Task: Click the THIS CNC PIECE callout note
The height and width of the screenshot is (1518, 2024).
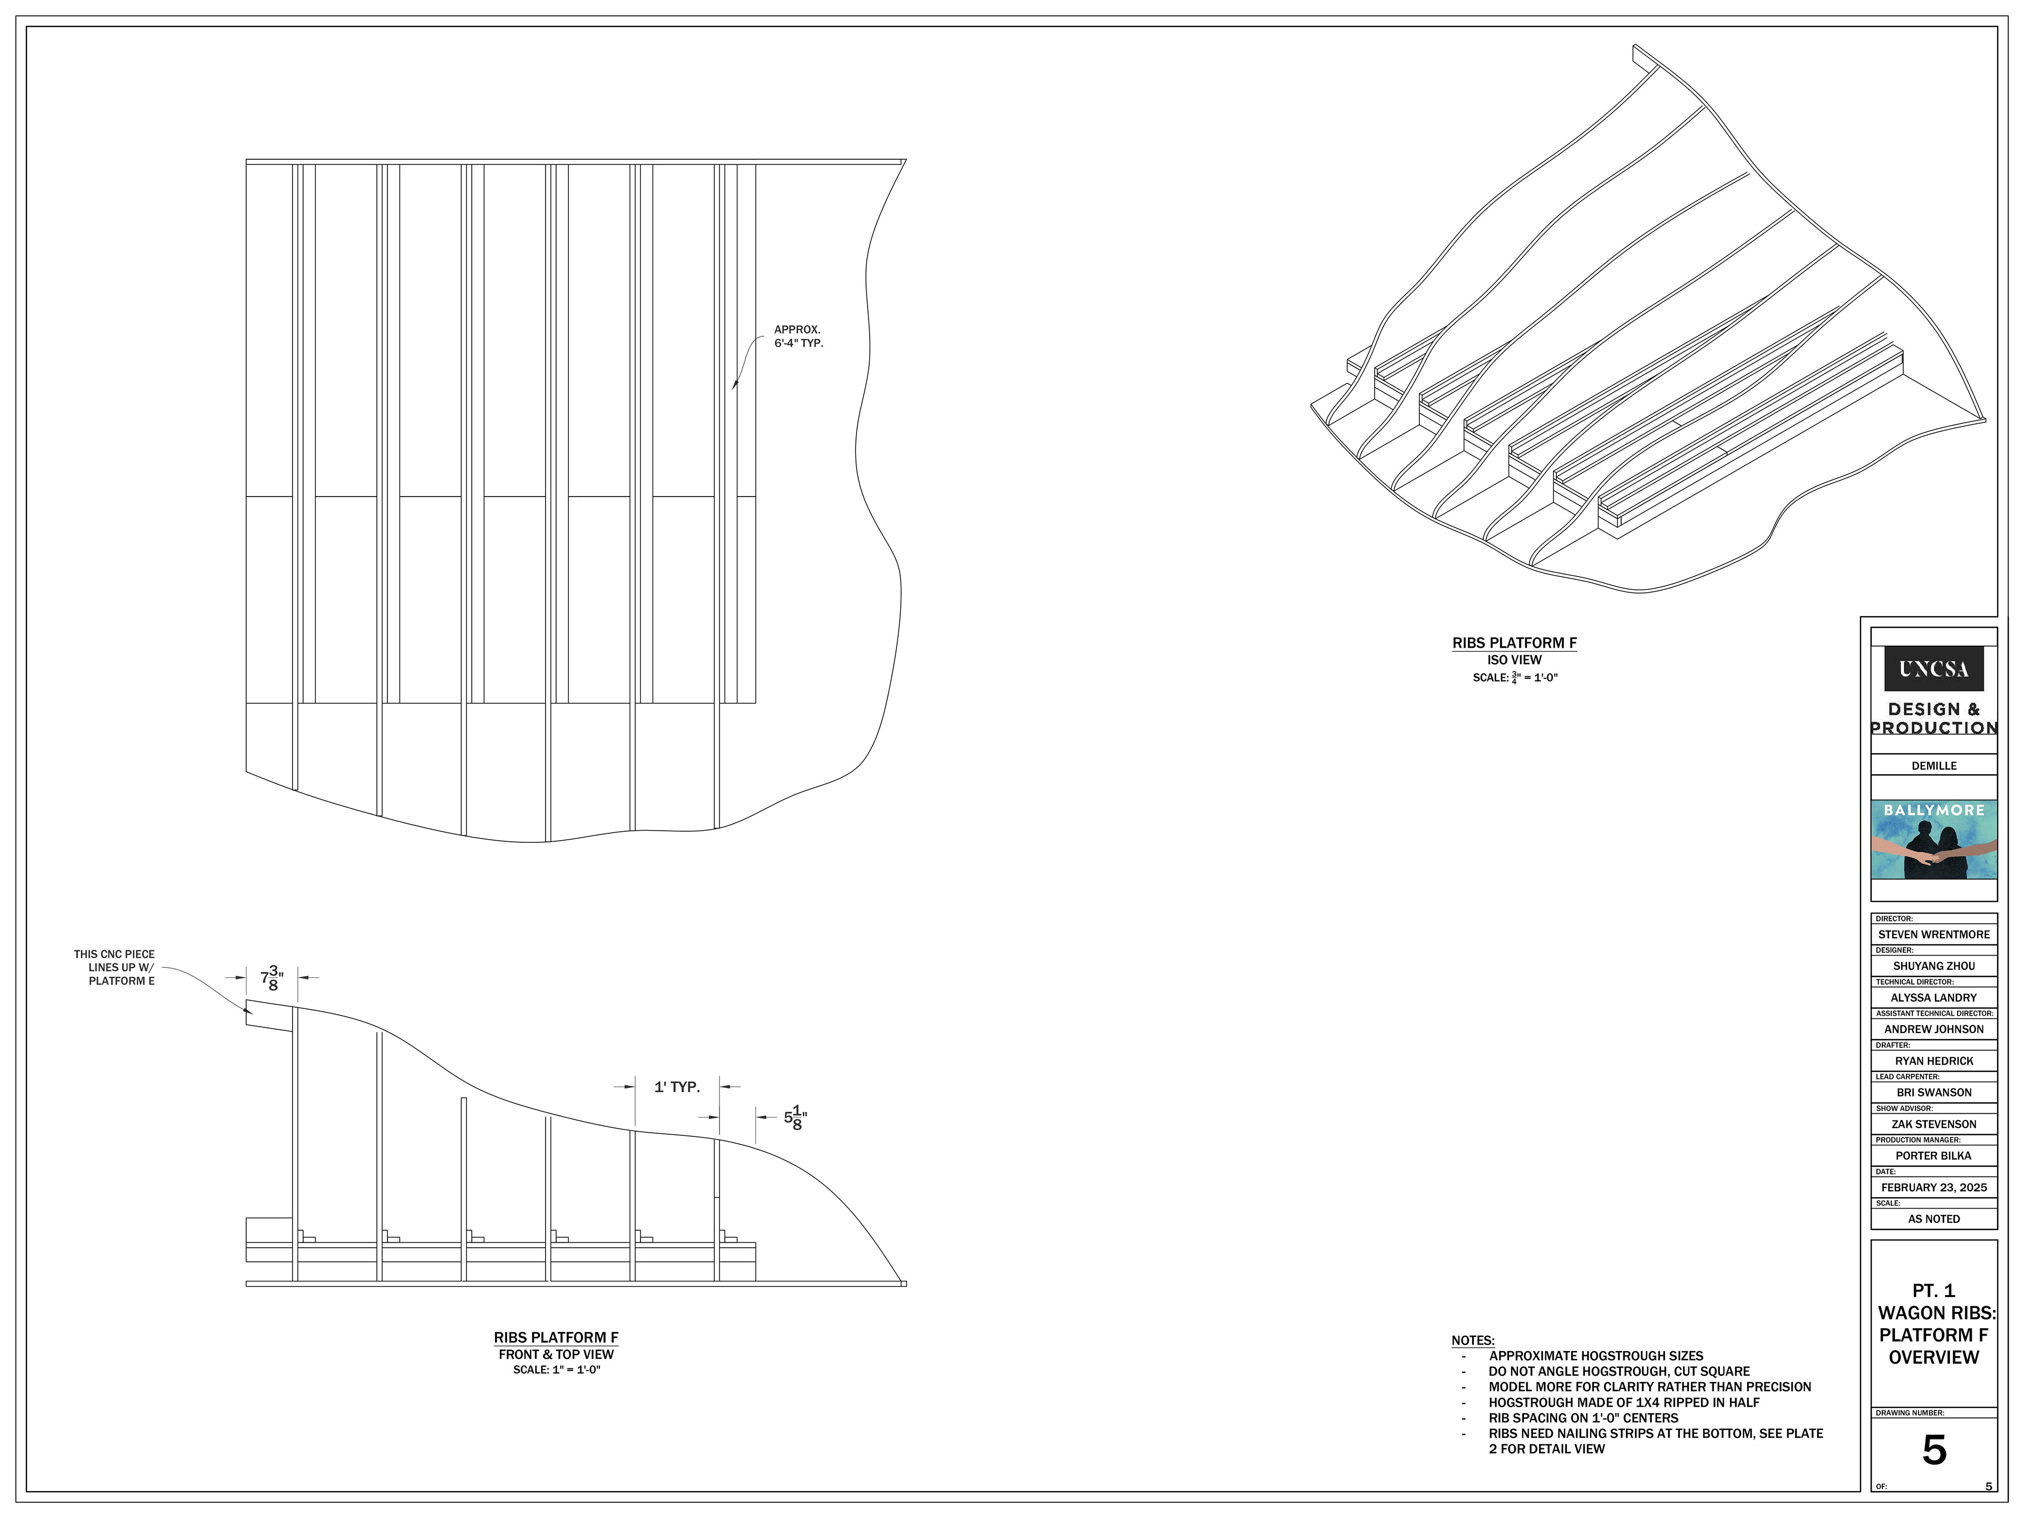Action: (114, 967)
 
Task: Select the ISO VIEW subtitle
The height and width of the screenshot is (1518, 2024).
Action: (1514, 660)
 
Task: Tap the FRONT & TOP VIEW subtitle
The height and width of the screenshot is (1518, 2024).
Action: (556, 1354)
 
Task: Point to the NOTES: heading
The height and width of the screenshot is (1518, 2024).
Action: (1472, 1340)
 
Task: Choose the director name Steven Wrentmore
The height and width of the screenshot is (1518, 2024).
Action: (1933, 934)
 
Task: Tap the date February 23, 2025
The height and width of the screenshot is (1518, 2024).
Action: (1933, 1188)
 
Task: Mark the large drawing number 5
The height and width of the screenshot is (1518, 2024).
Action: (1933, 1451)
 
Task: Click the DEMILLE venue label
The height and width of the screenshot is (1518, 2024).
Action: (1933, 766)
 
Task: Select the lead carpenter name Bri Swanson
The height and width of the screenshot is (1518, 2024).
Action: (1933, 1093)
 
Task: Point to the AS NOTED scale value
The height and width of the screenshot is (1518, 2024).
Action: (1933, 1219)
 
